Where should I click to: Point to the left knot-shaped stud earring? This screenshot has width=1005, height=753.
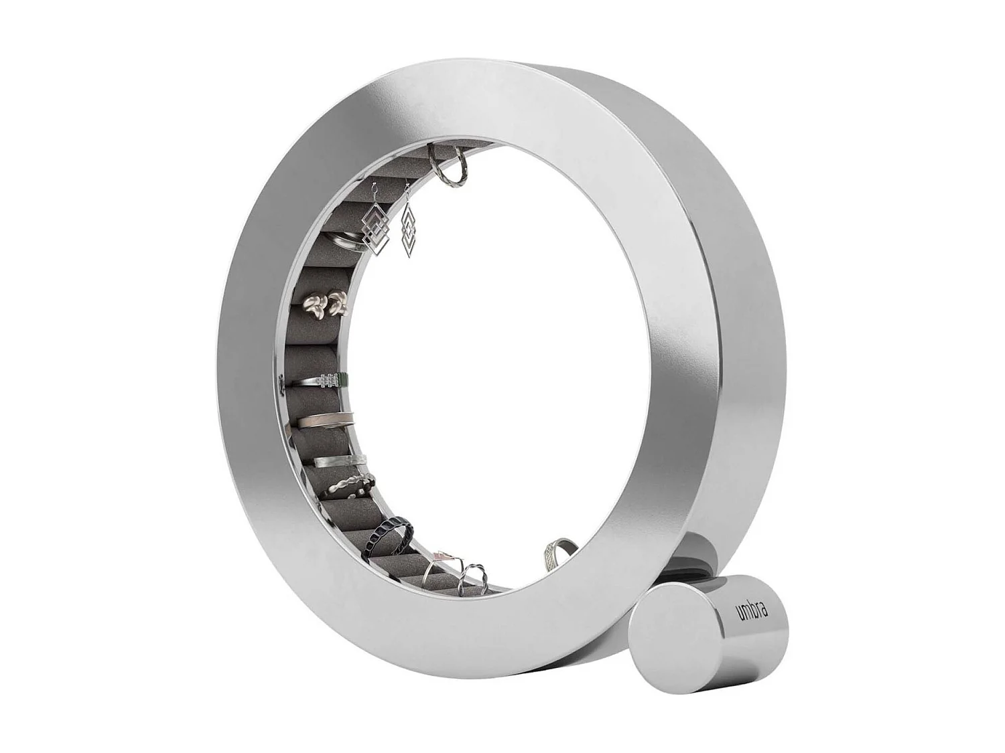point(315,305)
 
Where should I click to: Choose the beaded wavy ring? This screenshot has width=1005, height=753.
point(347,485)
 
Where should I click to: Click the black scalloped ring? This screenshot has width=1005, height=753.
point(387,533)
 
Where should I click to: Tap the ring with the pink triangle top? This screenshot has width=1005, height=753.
point(439,560)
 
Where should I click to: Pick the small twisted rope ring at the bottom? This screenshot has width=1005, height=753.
point(473,577)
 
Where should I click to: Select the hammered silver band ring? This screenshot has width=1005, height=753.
point(338,460)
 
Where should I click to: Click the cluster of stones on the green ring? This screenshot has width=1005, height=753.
point(328,380)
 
